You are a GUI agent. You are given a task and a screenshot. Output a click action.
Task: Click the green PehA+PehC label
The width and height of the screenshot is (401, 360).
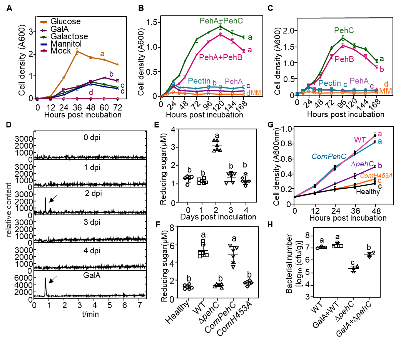pos(221,21)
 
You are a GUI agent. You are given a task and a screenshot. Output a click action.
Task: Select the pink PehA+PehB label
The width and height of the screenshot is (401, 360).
pos(221,57)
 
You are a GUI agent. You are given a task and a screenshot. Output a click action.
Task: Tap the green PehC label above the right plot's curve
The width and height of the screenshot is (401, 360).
pos(344,30)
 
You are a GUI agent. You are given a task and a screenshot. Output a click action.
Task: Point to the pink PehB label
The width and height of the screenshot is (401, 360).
pos(344,59)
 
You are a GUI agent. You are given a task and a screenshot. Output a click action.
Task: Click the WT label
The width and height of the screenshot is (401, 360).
pos(360,140)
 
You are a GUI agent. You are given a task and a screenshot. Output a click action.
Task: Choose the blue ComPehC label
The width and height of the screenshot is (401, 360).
pos(329,156)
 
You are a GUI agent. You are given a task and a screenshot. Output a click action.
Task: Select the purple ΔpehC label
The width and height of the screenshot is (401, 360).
pos(362,164)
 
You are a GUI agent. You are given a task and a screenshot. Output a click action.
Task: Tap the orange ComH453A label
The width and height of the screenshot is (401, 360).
pos(376,176)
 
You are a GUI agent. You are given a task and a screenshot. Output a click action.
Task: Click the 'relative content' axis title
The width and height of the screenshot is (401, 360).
pos(9,209)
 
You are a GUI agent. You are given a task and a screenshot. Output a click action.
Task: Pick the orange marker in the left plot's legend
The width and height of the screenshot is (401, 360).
pos(43,22)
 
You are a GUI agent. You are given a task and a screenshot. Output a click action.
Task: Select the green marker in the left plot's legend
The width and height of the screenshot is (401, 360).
pos(43,37)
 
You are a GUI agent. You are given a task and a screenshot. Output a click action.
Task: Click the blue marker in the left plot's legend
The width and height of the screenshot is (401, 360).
pos(43,44)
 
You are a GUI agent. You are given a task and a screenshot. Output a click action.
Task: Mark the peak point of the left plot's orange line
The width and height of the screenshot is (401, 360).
pos(77,51)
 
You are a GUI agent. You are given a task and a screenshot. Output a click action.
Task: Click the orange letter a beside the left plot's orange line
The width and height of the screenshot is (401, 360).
pos(102,54)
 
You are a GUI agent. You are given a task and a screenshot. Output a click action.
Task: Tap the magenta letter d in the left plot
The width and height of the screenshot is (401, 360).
pos(91,92)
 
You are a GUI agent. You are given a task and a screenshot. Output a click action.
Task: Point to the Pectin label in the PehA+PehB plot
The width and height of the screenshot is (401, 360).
pos(199,81)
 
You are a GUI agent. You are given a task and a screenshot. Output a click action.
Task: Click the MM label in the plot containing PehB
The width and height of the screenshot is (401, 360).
pos(385,91)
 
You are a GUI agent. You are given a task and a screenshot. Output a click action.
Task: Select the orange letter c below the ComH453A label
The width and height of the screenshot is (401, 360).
pos(379,181)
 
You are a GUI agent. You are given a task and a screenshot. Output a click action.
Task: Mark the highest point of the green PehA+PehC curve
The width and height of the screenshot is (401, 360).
pos(220,27)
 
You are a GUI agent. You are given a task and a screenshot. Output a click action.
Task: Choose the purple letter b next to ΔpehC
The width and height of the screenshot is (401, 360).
pos(380,166)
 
